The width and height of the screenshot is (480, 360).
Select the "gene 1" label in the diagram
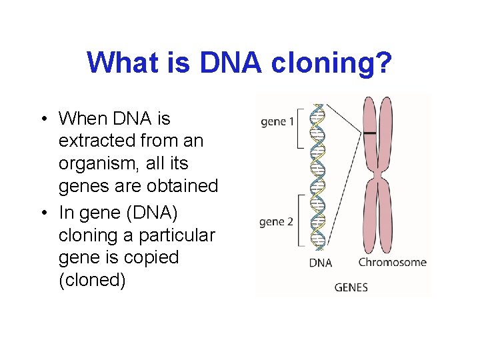[278, 122]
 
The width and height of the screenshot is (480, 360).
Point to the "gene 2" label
[277, 221]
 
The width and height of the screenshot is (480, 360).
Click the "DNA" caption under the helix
[320, 263]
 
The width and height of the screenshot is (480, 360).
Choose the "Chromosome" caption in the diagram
[392, 262]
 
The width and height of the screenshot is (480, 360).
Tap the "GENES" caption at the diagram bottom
[351, 287]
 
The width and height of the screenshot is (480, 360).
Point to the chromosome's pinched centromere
[377, 175]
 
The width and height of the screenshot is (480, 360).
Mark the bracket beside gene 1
[300, 126]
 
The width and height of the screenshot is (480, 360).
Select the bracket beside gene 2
[301, 220]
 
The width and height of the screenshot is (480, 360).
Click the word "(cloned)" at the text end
[92, 280]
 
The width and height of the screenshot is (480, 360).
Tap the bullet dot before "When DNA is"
[43, 119]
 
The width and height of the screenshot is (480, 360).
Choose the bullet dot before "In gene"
[43, 213]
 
